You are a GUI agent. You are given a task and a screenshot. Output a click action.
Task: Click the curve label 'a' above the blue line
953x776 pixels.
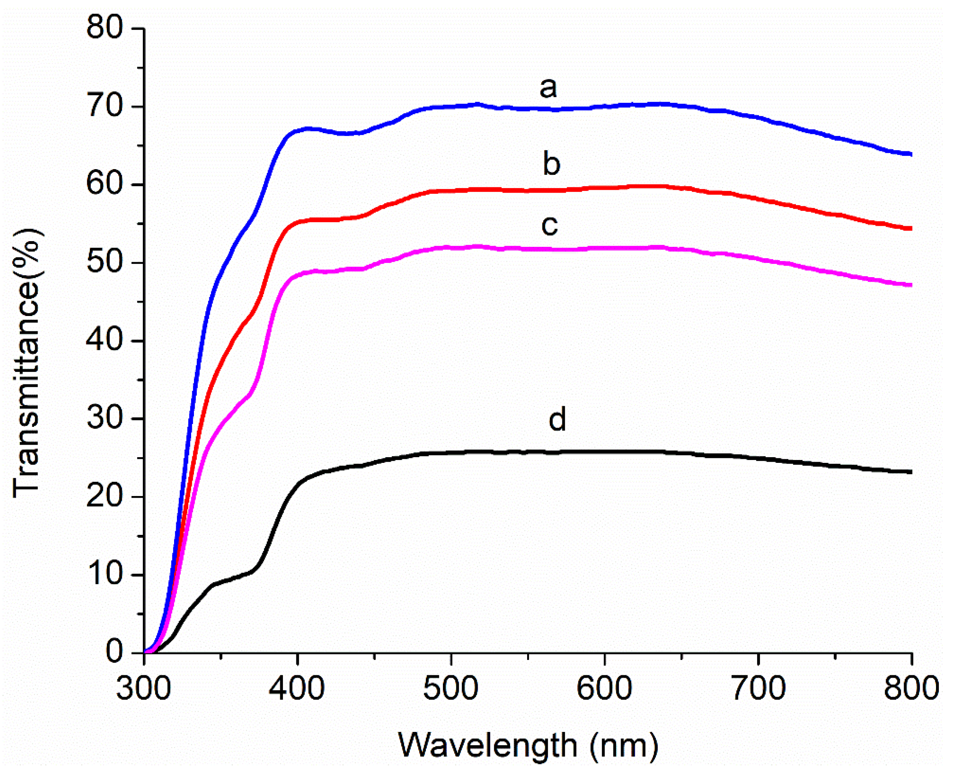[548, 88]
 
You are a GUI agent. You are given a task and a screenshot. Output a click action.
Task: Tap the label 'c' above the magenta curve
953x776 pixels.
[549, 225]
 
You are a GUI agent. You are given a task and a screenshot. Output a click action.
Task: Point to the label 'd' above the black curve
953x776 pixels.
[557, 419]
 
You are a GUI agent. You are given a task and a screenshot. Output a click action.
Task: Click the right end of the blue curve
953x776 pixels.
[910, 154]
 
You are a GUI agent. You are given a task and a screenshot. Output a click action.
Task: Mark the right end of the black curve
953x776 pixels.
[910, 472]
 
